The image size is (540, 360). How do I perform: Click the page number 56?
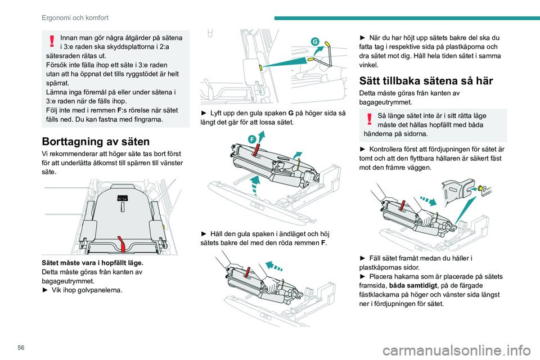21,348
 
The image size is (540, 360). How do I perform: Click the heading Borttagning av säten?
96,141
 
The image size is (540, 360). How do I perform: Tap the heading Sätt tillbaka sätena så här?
426,80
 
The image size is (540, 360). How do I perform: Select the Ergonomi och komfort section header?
75,17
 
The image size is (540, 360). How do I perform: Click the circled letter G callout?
315,42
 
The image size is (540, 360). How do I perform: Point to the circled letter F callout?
252,139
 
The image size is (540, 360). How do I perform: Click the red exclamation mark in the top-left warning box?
52,40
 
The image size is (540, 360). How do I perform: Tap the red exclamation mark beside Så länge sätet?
370,119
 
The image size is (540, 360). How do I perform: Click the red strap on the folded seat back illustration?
121,244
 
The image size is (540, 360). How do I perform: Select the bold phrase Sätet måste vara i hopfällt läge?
93,263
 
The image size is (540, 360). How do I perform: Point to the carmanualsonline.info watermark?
457,350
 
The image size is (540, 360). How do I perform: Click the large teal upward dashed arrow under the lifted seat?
255,185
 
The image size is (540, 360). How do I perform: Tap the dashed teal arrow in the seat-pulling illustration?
274,266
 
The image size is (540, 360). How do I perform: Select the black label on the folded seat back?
122,198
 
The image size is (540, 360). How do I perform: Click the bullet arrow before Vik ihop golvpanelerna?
45,290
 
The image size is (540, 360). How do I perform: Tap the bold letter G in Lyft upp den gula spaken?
291,113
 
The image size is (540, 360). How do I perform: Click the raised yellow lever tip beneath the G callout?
327,44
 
